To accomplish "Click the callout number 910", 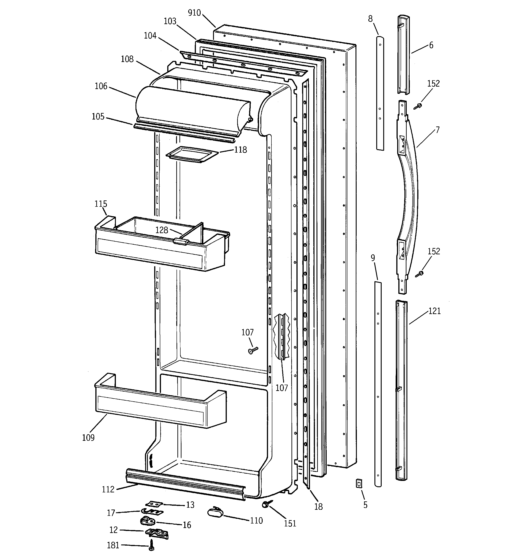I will pyautogui.click(x=194, y=13).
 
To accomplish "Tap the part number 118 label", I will pyautogui.click(x=240, y=150).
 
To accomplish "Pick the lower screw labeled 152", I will pyautogui.click(x=420, y=274).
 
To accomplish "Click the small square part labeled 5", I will pyautogui.click(x=359, y=483).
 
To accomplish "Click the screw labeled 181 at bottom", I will pyautogui.click(x=151, y=544).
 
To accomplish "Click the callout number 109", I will pyautogui.click(x=88, y=438).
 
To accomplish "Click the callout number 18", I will pyautogui.click(x=318, y=507).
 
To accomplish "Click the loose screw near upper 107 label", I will pyautogui.click(x=253, y=350).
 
